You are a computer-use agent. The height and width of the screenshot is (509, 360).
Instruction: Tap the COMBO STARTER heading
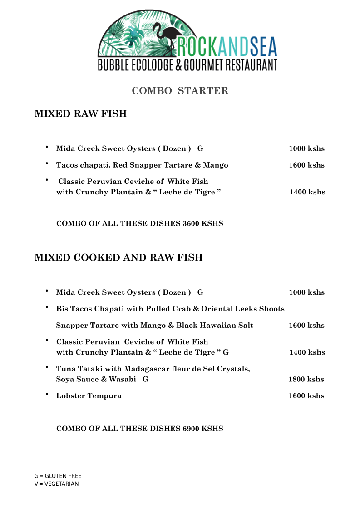(x=180, y=91)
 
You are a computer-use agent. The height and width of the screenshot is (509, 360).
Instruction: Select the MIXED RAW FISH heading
(x=80, y=114)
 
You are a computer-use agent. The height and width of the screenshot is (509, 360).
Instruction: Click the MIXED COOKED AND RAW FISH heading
(x=118, y=258)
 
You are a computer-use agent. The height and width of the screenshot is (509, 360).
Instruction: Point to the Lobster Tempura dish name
(x=89, y=396)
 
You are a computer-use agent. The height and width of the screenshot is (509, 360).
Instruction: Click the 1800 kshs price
(x=306, y=380)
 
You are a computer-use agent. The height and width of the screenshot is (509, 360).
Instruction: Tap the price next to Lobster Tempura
(x=306, y=396)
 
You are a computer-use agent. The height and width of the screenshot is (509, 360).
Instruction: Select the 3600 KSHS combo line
(x=139, y=224)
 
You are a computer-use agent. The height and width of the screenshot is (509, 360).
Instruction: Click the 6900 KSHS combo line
(x=139, y=429)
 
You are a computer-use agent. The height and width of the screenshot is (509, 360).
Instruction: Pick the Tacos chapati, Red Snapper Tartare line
(x=142, y=165)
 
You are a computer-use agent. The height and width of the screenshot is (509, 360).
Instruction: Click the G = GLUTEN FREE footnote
(x=58, y=476)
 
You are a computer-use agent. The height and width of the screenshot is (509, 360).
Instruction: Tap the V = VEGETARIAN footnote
(x=56, y=484)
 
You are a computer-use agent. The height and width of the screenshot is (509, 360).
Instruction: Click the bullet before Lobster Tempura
(x=47, y=395)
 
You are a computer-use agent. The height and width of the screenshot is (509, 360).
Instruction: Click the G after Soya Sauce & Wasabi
(x=145, y=380)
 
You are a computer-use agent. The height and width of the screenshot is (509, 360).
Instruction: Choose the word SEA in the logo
(x=261, y=47)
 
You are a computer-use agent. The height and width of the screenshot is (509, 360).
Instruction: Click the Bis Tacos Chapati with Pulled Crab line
(x=170, y=309)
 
